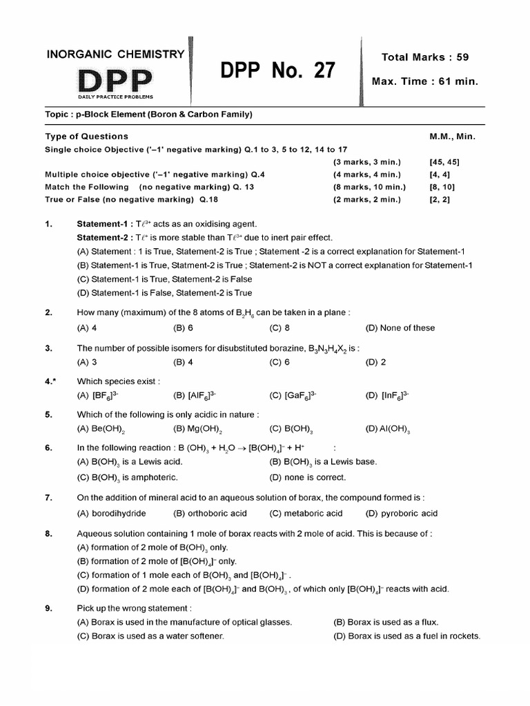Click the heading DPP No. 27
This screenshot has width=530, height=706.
(277, 70)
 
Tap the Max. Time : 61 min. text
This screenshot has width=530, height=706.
(424, 81)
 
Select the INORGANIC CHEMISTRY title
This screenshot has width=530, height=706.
(115, 54)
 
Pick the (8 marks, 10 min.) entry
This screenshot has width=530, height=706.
(369, 187)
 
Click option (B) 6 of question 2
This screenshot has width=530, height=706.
(184, 328)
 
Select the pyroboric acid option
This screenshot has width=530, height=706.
(402, 513)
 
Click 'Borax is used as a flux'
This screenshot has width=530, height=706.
(386, 622)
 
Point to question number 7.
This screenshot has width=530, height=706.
(49, 497)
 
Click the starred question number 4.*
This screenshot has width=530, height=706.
(50, 381)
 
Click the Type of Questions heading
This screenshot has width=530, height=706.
(86, 137)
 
